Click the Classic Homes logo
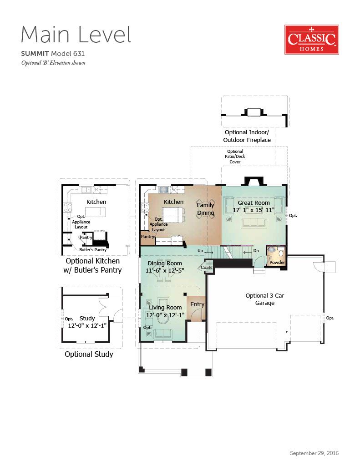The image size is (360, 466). pyautogui.click(x=312, y=40)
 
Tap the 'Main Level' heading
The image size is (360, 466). pyautogui.click(x=76, y=35)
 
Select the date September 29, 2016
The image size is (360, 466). pyautogui.click(x=314, y=453)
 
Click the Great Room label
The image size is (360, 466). pyautogui.click(x=254, y=203)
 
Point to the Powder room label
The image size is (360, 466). pyautogui.click(x=277, y=263)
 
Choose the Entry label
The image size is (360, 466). pyautogui.click(x=198, y=304)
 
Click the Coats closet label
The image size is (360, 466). pyautogui.click(x=206, y=268)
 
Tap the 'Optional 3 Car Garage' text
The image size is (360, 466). pyautogui.click(x=264, y=299)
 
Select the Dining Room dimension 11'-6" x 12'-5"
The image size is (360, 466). pyautogui.click(x=165, y=271)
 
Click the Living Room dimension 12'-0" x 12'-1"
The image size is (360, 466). pyautogui.click(x=165, y=315)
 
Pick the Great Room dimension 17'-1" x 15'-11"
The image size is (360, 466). pyautogui.click(x=254, y=210)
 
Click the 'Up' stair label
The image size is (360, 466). pyautogui.click(x=200, y=251)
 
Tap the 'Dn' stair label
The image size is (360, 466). pyautogui.click(x=256, y=251)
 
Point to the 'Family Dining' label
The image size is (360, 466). pyautogui.click(x=205, y=209)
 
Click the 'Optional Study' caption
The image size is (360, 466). pyautogui.click(x=89, y=354)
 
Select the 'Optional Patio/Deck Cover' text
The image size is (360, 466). pyautogui.click(x=235, y=157)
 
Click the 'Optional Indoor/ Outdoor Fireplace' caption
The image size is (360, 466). pyautogui.click(x=247, y=136)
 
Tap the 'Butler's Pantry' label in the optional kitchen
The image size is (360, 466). pyautogui.click(x=93, y=250)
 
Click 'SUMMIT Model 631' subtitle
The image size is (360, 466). pyautogui.click(x=53, y=54)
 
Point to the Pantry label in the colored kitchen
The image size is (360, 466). pyautogui.click(x=147, y=237)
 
